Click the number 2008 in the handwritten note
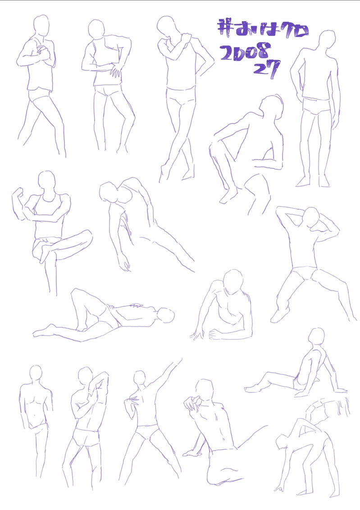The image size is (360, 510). click(245, 53)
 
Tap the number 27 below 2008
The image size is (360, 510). click(267, 69)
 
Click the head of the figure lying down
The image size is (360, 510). click(166, 315)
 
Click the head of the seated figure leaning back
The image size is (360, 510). click(316, 337)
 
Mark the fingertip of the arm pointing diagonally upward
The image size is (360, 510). click(181, 359)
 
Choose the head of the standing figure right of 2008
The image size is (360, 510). click(327, 41)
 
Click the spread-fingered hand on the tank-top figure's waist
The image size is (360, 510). click(115, 70)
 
